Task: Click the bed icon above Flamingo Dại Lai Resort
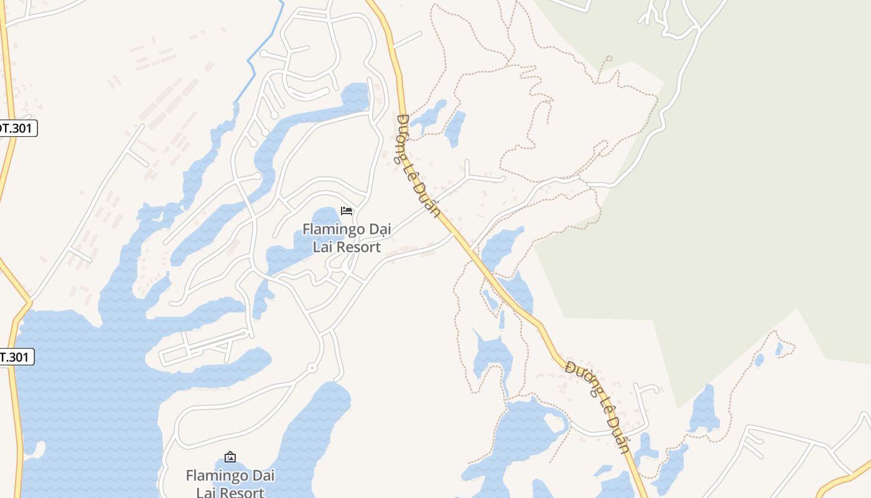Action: (x=347, y=211)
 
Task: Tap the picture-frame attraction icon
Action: (x=230, y=457)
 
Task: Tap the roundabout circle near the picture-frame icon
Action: (x=312, y=369)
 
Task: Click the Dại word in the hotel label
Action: (x=379, y=230)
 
